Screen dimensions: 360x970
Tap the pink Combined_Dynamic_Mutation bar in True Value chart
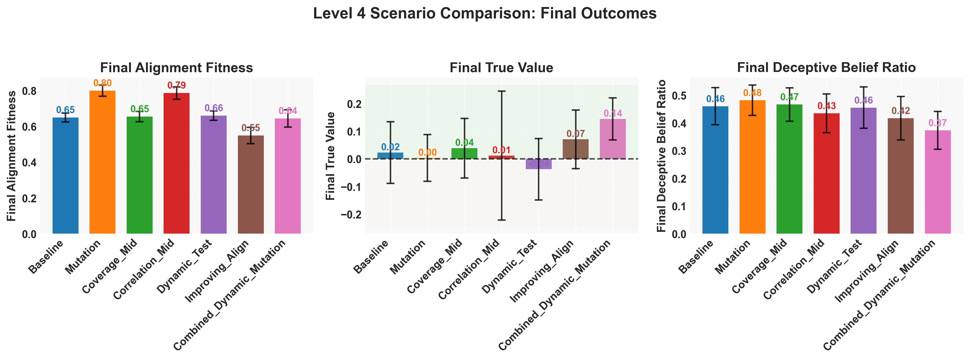(613, 139)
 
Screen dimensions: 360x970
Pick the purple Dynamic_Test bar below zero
(538, 164)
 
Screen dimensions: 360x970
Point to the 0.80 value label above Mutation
(102, 83)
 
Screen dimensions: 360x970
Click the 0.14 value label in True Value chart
(613, 113)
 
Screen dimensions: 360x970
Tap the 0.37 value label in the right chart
(938, 123)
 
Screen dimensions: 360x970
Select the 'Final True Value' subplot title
(501, 68)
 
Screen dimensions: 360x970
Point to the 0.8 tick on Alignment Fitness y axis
(29, 91)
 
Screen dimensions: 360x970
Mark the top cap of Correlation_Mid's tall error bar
(501, 91)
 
